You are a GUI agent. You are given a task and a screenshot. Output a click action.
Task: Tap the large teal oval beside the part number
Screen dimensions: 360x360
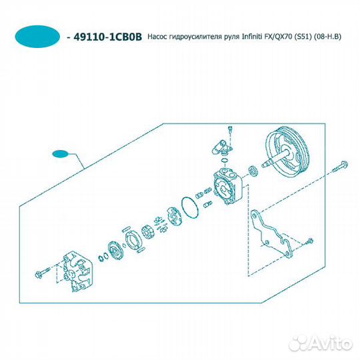click(37, 37)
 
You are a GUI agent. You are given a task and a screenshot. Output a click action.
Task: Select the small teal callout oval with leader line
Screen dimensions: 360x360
click(61, 154)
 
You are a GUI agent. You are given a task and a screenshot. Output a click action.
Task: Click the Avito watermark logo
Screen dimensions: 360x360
click(321, 343)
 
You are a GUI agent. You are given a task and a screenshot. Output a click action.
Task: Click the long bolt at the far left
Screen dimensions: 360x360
click(43, 272)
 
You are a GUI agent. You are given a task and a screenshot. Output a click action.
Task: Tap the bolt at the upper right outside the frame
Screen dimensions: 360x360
click(340, 167)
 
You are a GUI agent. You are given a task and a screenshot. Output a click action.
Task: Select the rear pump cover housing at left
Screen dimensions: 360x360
click(77, 271)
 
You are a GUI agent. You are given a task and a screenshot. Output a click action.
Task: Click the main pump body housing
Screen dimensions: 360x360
click(228, 186)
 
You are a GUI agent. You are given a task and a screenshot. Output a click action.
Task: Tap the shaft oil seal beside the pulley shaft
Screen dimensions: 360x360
click(253, 170)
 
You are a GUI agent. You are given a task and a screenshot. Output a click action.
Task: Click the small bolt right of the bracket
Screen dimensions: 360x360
click(309, 241)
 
